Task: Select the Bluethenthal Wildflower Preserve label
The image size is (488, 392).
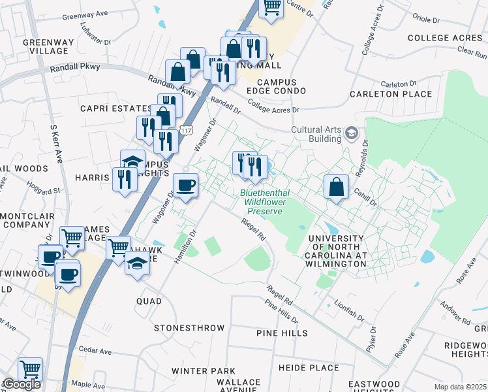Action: [x=264, y=202]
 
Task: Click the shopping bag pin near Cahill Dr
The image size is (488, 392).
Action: [x=335, y=188]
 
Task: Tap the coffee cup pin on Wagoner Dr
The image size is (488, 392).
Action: [x=185, y=186]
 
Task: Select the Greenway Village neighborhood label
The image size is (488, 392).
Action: [x=46, y=46]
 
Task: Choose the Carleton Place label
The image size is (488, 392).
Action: [x=391, y=94]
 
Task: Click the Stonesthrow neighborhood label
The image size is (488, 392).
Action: [x=189, y=328]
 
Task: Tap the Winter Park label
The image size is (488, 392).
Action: [x=203, y=371]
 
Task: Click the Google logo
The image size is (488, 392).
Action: [x=22, y=384]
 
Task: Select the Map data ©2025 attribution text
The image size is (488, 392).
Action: [x=461, y=387]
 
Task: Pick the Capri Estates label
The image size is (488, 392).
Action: [x=116, y=108]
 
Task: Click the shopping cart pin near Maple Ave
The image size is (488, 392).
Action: [x=30, y=370]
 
